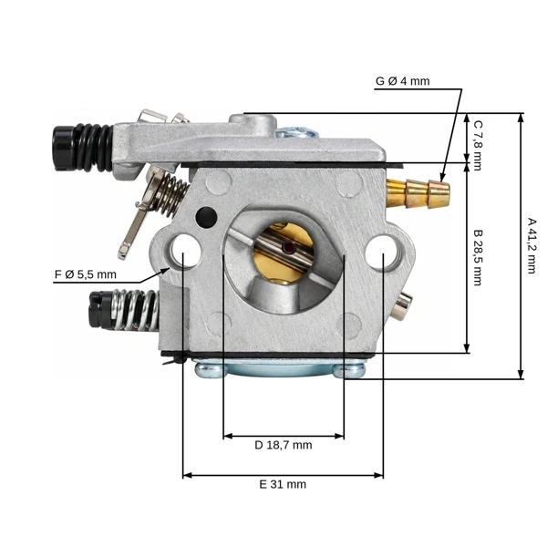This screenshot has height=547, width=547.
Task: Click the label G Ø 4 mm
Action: point(402,81)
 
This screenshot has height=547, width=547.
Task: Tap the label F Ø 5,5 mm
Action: point(86,274)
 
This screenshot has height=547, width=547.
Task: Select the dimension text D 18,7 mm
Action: point(284,445)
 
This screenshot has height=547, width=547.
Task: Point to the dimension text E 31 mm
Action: point(283,484)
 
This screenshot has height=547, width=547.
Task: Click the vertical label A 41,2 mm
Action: point(532,246)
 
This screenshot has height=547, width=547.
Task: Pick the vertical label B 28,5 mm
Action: point(478,258)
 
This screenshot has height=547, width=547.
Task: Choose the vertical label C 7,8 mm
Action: point(478,146)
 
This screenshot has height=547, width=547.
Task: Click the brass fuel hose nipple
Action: point(418,193)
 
